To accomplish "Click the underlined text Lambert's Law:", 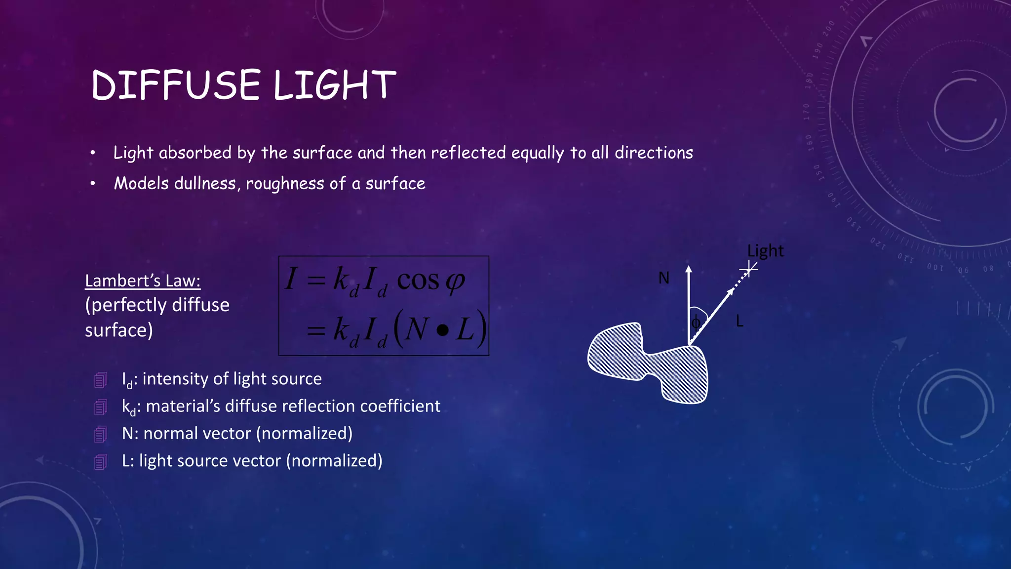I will pos(143,281).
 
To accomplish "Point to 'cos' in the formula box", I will pos(418,280).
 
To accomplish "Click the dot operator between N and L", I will pos(443,330).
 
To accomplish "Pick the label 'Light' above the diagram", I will pos(765,250).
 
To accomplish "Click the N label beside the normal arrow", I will pos(664,278).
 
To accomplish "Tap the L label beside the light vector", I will pos(739,322).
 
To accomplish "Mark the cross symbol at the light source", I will pos(749,269).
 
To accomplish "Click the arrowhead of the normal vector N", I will pos(689,269).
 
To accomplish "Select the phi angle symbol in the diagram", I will pos(696,323).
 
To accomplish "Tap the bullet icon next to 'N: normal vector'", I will pos(101,434).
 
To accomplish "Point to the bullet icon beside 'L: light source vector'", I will pos(101,461).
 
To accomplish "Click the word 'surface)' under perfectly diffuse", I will pos(118,330).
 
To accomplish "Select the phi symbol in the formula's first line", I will pos(455,281).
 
